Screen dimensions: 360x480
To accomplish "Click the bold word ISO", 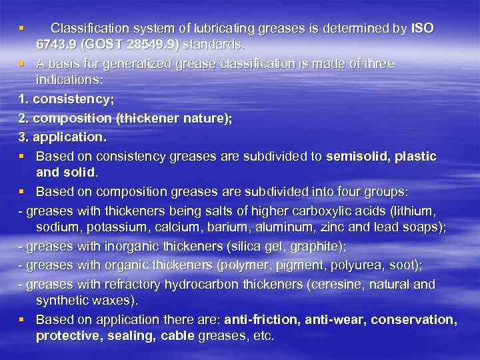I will click(423, 29).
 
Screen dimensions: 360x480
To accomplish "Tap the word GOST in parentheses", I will click(104, 46).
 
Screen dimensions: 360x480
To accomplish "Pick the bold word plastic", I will click(415, 156).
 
